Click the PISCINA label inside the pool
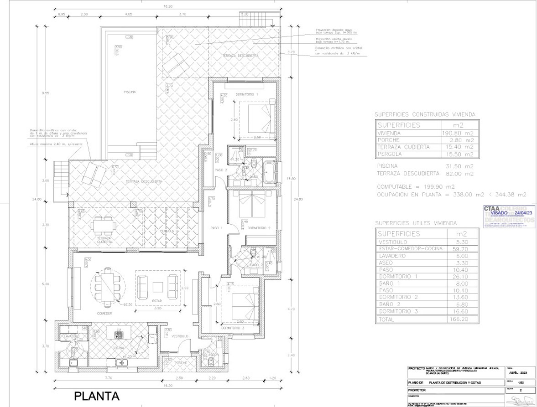(130, 92)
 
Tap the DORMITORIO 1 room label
(247, 94)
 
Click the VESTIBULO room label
(180, 336)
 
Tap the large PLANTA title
(97, 396)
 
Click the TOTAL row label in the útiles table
(386, 319)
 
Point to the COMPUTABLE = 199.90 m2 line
(416, 187)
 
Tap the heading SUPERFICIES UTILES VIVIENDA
(416, 223)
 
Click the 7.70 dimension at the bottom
(109, 378)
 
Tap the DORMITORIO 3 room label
(233, 328)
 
